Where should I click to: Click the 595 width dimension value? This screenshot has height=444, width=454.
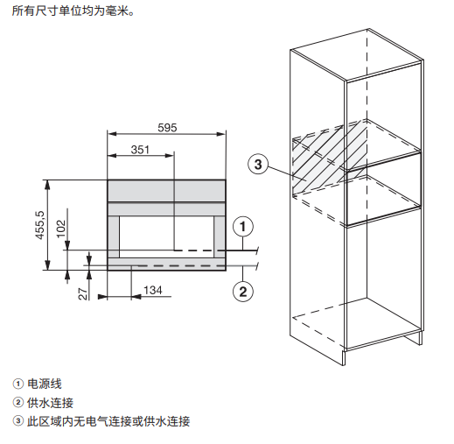167,128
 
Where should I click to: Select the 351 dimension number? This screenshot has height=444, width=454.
140,150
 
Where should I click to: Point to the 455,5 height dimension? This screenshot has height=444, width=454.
40,225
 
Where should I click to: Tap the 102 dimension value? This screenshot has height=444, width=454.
61,229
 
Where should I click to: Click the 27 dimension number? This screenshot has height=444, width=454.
83,294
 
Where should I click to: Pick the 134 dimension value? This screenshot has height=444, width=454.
153,290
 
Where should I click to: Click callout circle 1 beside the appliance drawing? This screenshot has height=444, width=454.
243,226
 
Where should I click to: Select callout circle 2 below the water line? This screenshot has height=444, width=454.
243,292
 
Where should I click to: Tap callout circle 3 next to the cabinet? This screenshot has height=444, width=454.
258,164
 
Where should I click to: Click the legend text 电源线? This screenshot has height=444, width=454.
45,384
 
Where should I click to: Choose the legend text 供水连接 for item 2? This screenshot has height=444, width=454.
50,403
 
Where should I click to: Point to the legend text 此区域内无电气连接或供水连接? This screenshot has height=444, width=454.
108,421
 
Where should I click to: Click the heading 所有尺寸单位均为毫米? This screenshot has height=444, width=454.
73,11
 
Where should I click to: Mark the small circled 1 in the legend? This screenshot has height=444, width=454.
17,384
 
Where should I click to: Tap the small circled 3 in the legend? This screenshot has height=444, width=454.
17,421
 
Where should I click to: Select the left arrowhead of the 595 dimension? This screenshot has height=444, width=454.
112,134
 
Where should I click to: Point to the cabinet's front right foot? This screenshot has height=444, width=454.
344,357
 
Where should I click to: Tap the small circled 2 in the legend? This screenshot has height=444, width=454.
17,403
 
